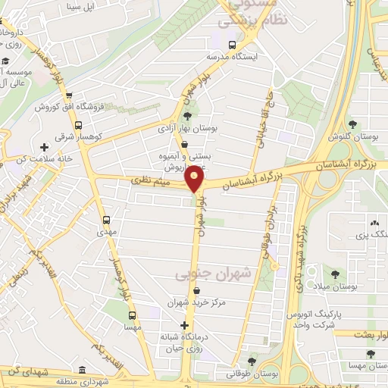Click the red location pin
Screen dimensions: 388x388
click(x=195, y=179)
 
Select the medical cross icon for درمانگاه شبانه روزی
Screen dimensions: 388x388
click(x=184, y=324)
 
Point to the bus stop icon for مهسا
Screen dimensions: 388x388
click(x=133, y=315)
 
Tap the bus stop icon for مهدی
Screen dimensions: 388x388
click(x=106, y=221)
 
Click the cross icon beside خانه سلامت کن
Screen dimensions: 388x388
click(x=44, y=147)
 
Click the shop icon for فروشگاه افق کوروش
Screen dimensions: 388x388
click(x=69, y=96)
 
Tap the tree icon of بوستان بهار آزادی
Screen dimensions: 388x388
click(x=187, y=116)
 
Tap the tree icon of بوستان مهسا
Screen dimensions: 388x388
click(x=369, y=354)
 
